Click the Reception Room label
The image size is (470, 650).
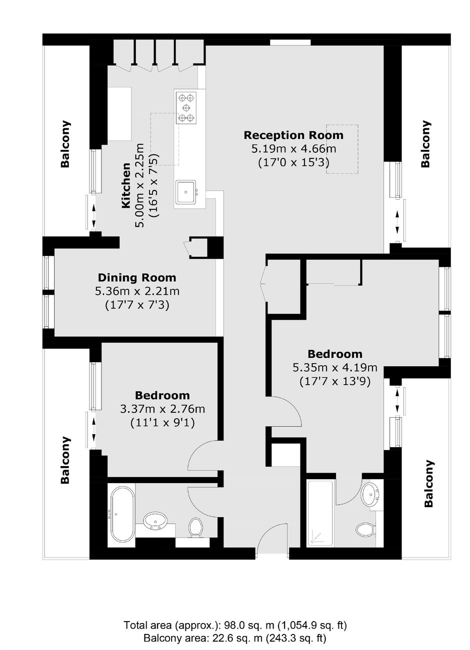(x=293, y=135)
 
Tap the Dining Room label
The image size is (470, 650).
(x=137, y=278)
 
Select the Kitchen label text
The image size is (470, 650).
(x=126, y=185)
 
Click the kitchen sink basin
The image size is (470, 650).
(x=185, y=191)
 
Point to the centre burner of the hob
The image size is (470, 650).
(x=185, y=108)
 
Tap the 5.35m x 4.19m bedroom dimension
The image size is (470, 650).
(x=335, y=368)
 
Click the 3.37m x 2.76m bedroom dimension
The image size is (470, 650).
(x=162, y=409)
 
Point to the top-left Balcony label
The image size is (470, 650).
(x=65, y=144)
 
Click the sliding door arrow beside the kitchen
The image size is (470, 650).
(x=93, y=216)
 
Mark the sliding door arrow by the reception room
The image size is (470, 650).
(x=397, y=223)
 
